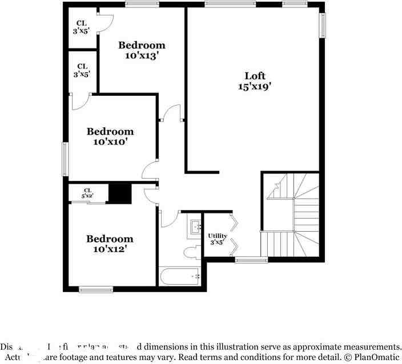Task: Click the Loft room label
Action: (x=255, y=76)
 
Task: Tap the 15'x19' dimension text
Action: (x=255, y=87)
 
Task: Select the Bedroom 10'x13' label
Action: (x=142, y=50)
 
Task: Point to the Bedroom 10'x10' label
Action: (x=110, y=136)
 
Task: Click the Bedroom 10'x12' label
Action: (x=110, y=244)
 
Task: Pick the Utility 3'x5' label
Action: (x=218, y=238)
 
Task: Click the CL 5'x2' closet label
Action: (x=87, y=193)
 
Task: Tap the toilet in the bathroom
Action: (x=191, y=252)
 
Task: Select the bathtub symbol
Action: (x=179, y=277)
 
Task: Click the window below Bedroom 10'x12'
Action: (x=96, y=289)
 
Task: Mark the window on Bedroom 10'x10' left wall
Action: (x=65, y=159)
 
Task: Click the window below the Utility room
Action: (x=251, y=260)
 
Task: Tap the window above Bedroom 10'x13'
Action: (x=142, y=5)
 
